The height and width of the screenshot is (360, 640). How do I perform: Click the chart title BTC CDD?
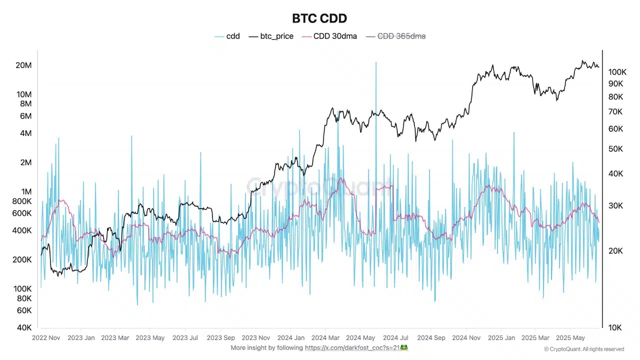[x=319, y=18]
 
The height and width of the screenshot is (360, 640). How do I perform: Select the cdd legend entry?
[x=232, y=36]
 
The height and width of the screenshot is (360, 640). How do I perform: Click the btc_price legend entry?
[x=276, y=36]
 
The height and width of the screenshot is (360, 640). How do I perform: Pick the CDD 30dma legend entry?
[x=335, y=36]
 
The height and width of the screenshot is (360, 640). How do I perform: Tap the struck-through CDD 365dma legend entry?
[x=401, y=36]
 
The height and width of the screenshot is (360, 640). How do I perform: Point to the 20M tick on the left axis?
[x=23, y=65]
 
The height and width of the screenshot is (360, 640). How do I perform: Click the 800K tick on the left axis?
[x=21, y=201]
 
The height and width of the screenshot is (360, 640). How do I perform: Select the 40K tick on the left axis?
[x=24, y=327]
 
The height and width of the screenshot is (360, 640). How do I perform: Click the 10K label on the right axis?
[x=615, y=327]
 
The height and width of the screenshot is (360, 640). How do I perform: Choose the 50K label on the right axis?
[x=615, y=149]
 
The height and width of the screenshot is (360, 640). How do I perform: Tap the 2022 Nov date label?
[x=46, y=338]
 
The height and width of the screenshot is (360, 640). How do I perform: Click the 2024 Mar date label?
[x=325, y=338]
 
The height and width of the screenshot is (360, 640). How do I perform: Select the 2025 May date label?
[x=570, y=338]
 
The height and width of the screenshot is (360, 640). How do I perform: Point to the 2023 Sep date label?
[x=220, y=338]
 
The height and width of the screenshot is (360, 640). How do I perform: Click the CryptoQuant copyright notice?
[x=583, y=349]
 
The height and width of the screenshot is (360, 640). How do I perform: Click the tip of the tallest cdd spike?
[x=375, y=63]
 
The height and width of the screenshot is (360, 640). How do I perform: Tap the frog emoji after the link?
[x=404, y=347]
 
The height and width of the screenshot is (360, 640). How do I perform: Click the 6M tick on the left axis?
[x=25, y=116]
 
